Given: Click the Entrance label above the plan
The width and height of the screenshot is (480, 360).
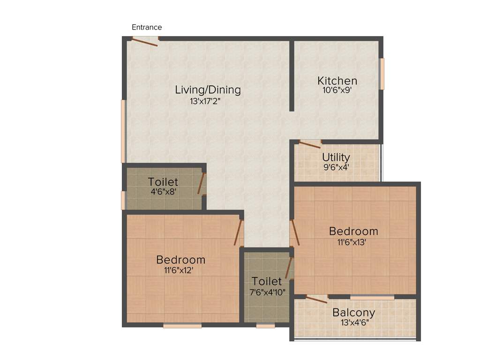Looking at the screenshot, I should pyautogui.click(x=147, y=27).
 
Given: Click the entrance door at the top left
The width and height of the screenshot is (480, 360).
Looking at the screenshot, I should pyautogui.click(x=144, y=41).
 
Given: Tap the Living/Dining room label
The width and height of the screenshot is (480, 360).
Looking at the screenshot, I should pyautogui.click(x=208, y=90).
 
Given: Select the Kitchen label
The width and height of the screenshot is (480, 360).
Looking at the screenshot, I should pyautogui.click(x=337, y=81).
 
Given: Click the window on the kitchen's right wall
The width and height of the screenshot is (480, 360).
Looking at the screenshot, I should pyautogui.click(x=382, y=74).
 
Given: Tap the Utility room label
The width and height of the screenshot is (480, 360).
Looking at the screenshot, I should pyautogui.click(x=336, y=157).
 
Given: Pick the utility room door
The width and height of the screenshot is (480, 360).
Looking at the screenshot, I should pyautogui.click(x=310, y=144).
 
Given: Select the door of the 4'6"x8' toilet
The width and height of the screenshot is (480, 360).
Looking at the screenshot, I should pyautogui.click(x=202, y=184).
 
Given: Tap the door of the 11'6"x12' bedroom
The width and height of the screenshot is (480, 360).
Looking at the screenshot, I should pyautogui.click(x=239, y=233).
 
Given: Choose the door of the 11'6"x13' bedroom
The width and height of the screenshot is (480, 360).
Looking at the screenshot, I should pyautogui.click(x=293, y=233).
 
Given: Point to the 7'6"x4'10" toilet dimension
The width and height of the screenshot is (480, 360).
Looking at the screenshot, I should pyautogui.click(x=267, y=292).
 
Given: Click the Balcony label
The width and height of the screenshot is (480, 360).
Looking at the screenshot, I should pyautogui.click(x=353, y=313).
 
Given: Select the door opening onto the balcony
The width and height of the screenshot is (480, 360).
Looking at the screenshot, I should pyautogui.click(x=316, y=299).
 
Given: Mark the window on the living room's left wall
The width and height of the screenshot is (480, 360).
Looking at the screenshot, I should pyautogui.click(x=123, y=131).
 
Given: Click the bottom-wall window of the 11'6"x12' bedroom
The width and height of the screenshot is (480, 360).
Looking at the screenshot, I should pyautogui.click(x=182, y=325).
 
